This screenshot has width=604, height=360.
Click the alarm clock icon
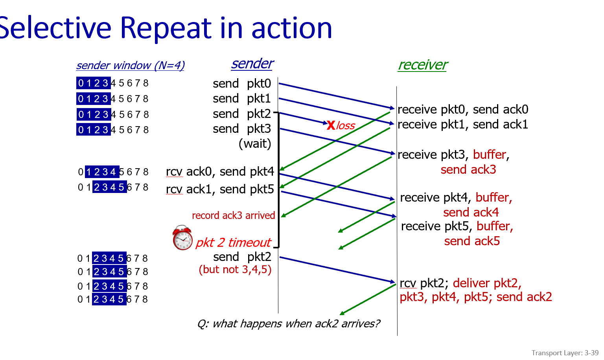(x=182, y=238)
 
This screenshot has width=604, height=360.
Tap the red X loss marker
(x=331, y=125)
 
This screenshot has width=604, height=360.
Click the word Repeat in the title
(x=166, y=28)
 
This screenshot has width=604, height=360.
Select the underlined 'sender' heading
(x=252, y=64)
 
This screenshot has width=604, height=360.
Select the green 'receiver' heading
(x=423, y=65)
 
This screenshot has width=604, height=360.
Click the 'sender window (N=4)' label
(x=130, y=65)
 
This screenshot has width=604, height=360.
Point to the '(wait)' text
(x=255, y=143)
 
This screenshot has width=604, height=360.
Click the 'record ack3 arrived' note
(x=233, y=215)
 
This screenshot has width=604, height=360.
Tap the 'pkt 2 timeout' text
(x=233, y=242)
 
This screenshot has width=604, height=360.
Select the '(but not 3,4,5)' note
(x=235, y=270)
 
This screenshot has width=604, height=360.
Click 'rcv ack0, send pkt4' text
(x=220, y=172)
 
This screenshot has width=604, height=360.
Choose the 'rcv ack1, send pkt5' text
(x=220, y=189)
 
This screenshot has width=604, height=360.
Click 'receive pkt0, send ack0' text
(x=463, y=109)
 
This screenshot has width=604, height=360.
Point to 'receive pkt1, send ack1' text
(x=463, y=125)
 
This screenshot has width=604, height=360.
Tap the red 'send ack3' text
(x=468, y=170)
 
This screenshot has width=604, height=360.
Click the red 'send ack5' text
(x=472, y=241)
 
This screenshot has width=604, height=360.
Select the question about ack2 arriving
(x=289, y=323)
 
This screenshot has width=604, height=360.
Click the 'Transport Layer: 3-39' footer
(x=565, y=353)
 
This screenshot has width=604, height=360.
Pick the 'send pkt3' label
(x=242, y=129)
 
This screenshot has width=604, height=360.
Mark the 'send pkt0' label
(x=242, y=83)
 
